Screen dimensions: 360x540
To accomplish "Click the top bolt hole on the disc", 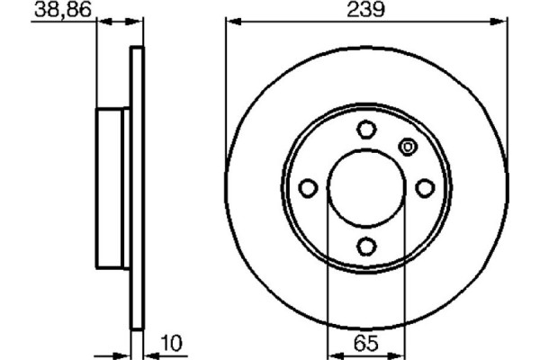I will (365, 130).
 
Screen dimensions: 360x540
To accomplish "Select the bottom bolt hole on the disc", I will (365, 246).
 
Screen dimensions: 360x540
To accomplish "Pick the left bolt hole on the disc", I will (308, 188).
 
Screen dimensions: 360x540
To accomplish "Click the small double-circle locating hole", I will (407, 146).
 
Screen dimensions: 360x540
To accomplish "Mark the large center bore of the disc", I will (365, 188).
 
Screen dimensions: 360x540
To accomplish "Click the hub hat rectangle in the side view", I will (113, 188).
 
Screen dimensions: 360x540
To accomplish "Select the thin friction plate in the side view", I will (138, 188).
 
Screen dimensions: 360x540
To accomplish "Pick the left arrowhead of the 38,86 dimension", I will (100, 21).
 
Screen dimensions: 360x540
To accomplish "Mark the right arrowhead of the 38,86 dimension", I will (139, 21).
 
